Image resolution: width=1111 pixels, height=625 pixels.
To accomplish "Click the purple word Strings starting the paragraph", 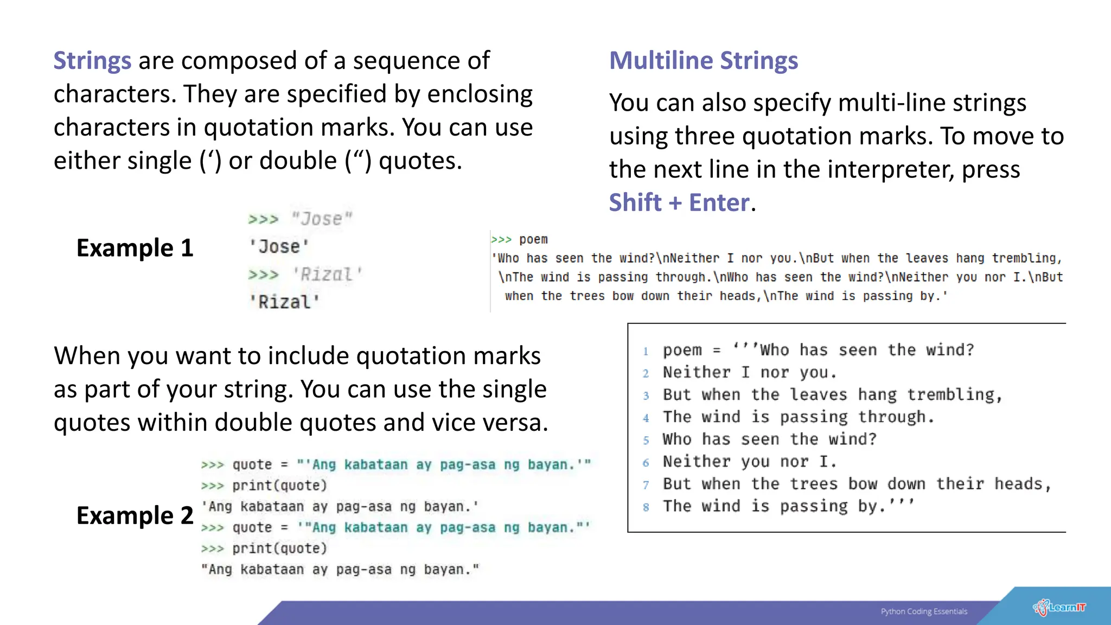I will point(92,60).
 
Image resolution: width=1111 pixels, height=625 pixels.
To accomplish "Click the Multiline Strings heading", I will point(704,60).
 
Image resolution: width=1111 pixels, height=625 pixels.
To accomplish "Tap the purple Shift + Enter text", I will point(679,202).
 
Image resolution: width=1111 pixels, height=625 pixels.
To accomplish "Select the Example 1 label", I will point(135,248).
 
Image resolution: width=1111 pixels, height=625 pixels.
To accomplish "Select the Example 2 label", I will point(135,515).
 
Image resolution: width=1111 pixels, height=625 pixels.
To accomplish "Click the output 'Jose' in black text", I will point(279,247).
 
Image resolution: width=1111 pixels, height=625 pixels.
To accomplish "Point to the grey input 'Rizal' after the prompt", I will point(327,275).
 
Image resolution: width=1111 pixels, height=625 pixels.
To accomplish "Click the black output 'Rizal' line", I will point(285,302).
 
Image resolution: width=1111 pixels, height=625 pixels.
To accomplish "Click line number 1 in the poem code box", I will point(646,351).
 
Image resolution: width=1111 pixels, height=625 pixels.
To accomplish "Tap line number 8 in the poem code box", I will point(646,507).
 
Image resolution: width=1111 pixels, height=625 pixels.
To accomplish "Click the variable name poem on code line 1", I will point(682,350).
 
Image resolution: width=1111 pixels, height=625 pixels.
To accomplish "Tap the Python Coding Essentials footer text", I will point(924,611).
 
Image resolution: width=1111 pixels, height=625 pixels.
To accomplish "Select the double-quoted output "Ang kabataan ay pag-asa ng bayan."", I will point(340,570).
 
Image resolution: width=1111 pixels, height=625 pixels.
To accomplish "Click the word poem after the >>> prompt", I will point(533,239).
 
